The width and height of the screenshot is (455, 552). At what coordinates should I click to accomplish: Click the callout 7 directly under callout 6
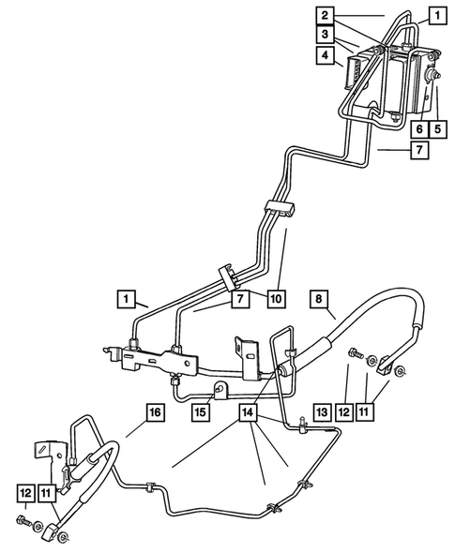[x=421, y=148]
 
